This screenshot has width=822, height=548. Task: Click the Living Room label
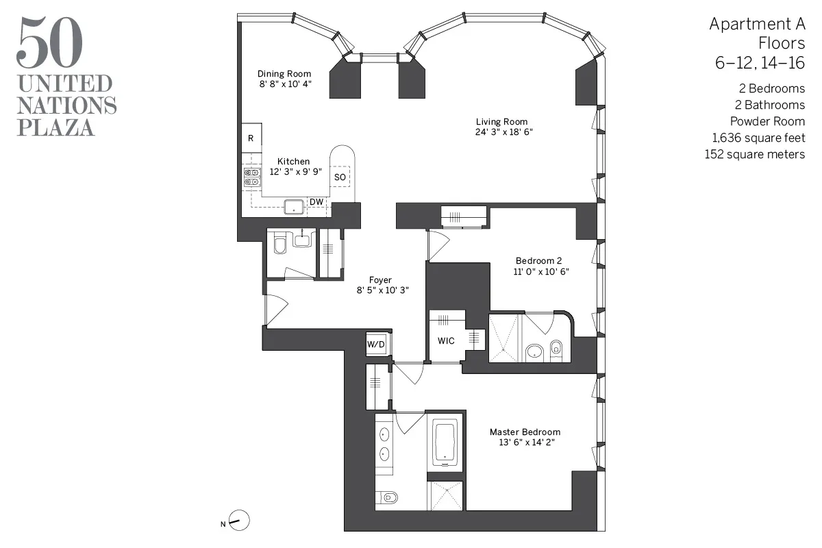tap(503, 122)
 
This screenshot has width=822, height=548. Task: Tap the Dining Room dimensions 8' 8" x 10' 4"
tap(284, 84)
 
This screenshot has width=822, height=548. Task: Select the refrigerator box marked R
tap(251, 138)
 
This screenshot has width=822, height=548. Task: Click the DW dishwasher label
tap(316, 202)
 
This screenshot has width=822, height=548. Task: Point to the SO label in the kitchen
tap(340, 177)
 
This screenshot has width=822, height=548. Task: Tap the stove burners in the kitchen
tap(251, 178)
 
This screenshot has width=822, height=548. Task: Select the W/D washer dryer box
tap(376, 344)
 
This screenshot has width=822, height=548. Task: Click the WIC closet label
tap(446, 341)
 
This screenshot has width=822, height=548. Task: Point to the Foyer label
tap(380, 280)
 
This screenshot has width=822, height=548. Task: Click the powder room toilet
tap(279, 244)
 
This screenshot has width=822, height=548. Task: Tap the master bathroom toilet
tap(388, 497)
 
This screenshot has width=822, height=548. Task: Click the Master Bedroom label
tap(525, 432)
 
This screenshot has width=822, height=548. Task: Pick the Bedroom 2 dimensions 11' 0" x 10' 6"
tap(542, 271)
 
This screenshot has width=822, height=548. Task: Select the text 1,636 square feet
tap(758, 138)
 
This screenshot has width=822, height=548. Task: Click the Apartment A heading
tap(757, 25)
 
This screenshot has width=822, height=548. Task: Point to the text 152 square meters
tap(754, 155)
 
